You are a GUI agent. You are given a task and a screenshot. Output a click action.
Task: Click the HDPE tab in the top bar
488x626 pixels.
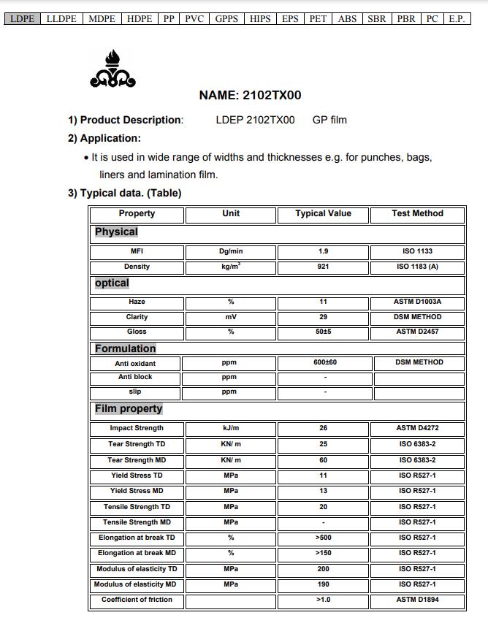tap(140, 19)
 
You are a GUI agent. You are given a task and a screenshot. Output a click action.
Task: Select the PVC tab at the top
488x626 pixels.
tap(194, 19)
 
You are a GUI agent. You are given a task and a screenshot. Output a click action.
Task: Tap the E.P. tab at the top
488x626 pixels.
tap(457, 19)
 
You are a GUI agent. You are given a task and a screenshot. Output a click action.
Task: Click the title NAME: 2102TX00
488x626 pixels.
tap(250, 95)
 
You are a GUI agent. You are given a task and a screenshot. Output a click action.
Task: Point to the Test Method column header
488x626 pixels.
tap(417, 214)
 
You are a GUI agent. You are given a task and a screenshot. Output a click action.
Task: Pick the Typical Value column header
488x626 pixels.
tap(323, 214)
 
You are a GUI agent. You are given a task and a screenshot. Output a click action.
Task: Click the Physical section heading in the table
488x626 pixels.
tap(116, 232)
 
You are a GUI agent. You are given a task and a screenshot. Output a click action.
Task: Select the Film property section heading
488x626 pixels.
tap(129, 409)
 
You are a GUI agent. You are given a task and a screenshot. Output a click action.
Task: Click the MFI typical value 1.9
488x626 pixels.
tap(323, 251)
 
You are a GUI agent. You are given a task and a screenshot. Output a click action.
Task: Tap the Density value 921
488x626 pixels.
tap(323, 267)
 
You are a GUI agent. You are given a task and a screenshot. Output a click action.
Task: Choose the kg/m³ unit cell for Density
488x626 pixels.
tap(231, 267)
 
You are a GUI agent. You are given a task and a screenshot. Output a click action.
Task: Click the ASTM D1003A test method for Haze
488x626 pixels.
tap(418, 302)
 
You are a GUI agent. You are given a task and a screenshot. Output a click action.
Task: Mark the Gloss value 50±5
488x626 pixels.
tap(323, 332)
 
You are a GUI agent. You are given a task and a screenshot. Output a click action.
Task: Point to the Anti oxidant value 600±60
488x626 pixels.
tap(324, 362)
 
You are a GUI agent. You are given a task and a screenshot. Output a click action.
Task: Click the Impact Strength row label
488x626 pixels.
tap(137, 429)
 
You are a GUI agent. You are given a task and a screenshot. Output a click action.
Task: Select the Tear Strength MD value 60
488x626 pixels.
tap(323, 460)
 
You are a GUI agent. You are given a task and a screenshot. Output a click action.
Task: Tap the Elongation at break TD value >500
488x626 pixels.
tap(323, 538)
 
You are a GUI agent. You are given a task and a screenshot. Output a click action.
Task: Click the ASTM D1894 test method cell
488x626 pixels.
tap(418, 600)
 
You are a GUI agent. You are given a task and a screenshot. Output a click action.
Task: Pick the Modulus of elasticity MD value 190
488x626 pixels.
tap(323, 584)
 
